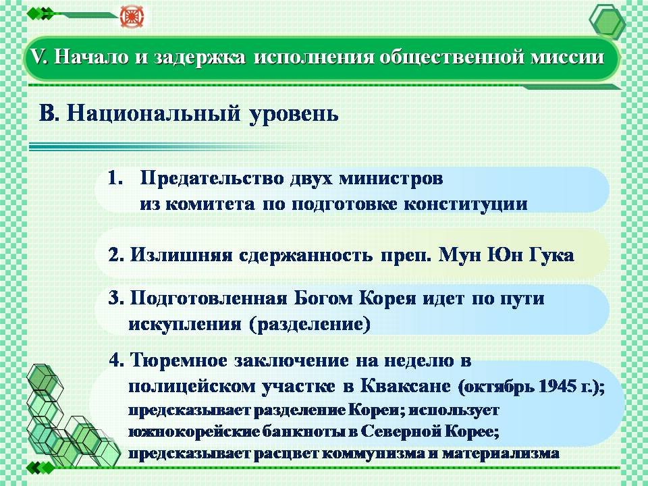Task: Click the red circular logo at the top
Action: tap(130, 16)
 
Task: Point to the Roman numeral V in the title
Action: tap(38, 57)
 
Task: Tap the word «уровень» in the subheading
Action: tap(294, 113)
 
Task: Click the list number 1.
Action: tap(115, 178)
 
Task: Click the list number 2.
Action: tap(116, 255)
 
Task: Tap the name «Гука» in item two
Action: tap(552, 255)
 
